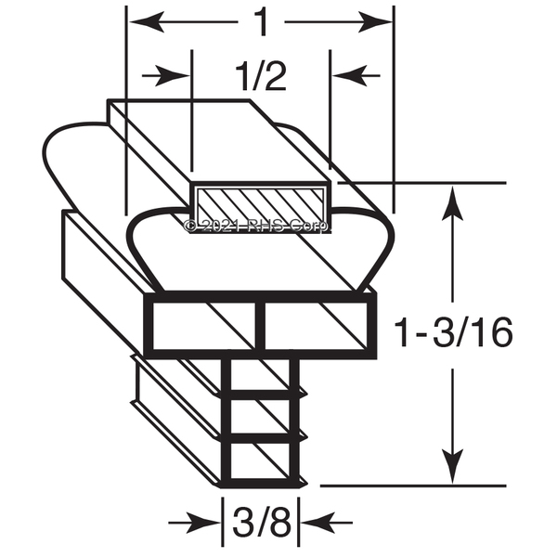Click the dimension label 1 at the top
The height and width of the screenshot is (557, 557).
[262, 22]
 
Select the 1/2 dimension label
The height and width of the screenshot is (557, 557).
[261, 77]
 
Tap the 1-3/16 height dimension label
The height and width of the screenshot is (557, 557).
[453, 333]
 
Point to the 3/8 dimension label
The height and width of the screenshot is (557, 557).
[262, 522]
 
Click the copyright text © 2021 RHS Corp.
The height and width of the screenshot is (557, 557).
[256, 226]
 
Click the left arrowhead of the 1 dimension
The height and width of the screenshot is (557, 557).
[147, 22]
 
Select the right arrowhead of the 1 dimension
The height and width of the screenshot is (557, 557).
[375, 22]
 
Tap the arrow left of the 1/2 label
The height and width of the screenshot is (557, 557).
[165, 76]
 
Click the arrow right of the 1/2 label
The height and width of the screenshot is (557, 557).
[356, 76]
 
